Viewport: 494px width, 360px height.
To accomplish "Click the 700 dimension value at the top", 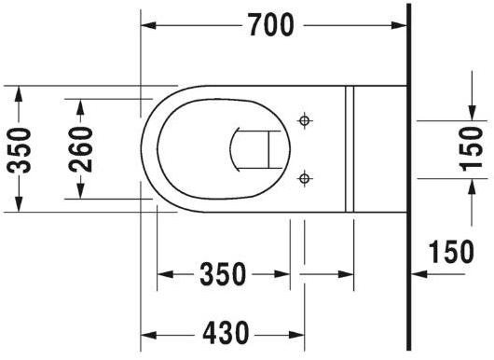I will tap(271, 26).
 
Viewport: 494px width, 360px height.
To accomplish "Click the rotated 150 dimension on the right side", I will tap(471, 148).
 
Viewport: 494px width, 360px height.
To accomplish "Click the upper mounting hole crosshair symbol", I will tap(304, 120).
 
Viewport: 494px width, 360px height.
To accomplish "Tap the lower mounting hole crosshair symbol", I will tap(304, 177).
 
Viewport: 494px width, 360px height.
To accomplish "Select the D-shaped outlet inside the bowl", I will tap(252, 148).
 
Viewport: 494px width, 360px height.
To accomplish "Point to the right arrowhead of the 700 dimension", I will tap(402, 26).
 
